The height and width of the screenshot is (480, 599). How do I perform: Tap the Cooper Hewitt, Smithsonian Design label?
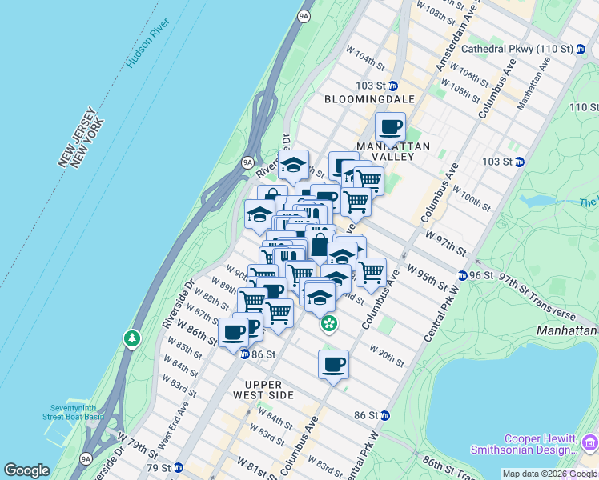[541, 444]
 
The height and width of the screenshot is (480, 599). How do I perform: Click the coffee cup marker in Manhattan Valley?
[391, 126]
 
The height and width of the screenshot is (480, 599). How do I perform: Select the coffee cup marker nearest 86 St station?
[234, 332]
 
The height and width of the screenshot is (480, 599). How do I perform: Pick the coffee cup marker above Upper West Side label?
[333, 364]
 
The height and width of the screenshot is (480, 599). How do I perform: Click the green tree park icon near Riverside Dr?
[131, 339]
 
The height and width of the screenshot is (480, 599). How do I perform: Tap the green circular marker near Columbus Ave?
[328, 324]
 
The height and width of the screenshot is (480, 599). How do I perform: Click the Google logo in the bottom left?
[27, 470]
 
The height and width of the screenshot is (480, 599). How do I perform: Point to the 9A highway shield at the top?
[304, 15]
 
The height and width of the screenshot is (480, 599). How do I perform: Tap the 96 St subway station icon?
[463, 276]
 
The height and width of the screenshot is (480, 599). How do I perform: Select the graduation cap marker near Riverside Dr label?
[294, 165]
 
